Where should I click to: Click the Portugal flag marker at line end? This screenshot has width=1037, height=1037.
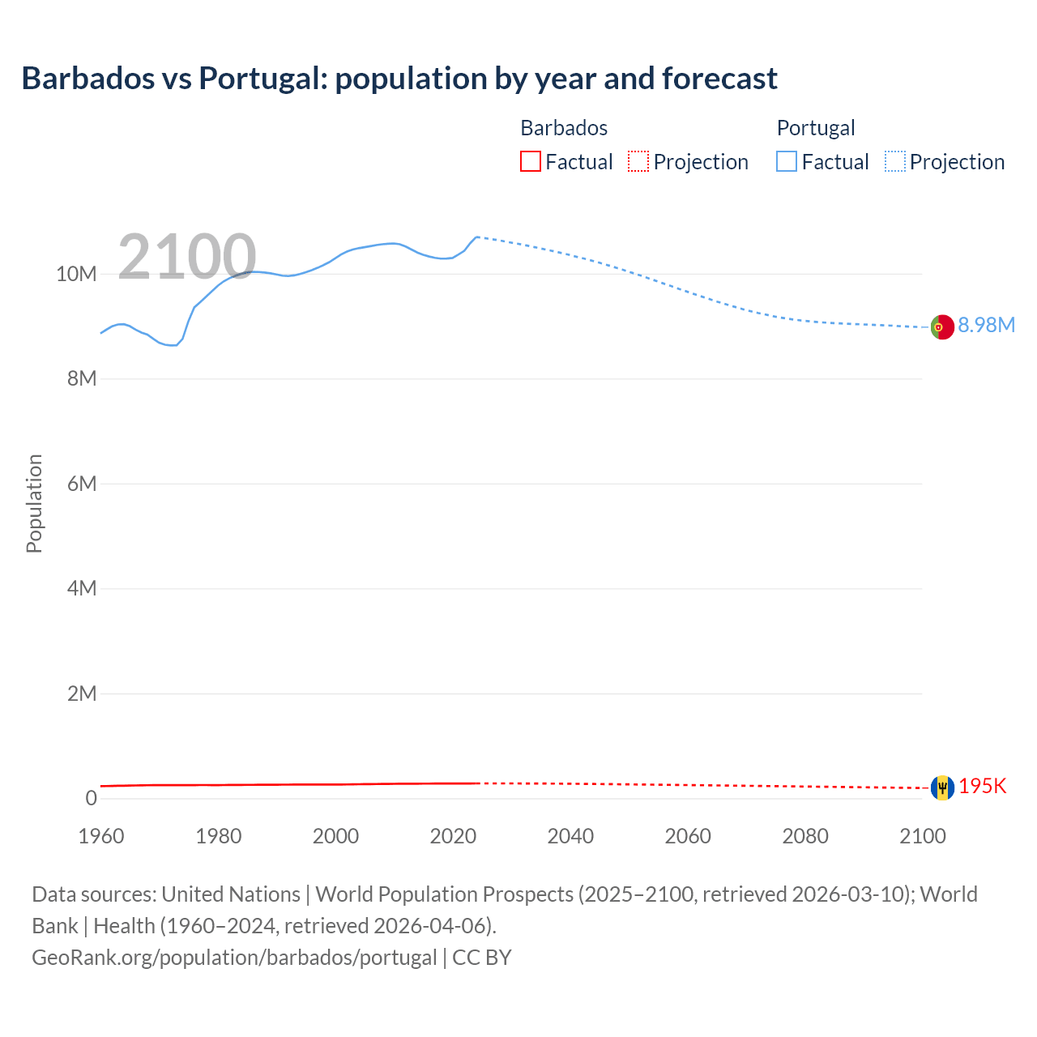tap(941, 327)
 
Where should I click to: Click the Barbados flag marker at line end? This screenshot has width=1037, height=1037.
tap(942, 787)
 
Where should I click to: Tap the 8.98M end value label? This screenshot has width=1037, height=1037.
tap(986, 325)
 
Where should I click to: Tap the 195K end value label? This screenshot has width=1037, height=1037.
tap(983, 787)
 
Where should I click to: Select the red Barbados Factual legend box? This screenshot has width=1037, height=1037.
tap(530, 161)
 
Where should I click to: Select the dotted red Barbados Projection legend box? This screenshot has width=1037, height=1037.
tap(638, 161)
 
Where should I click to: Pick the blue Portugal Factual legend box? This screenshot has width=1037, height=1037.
tap(787, 161)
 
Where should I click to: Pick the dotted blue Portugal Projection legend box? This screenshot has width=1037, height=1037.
tap(895, 161)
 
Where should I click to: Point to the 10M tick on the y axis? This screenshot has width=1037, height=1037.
tap(76, 274)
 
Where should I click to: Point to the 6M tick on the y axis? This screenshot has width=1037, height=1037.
tap(82, 484)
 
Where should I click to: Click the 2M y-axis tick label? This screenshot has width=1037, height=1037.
tap(82, 693)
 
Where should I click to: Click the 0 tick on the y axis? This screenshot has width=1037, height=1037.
tap(91, 798)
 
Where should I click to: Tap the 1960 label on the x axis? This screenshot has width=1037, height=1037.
tap(101, 836)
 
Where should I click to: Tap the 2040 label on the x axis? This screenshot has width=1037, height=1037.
tap(570, 836)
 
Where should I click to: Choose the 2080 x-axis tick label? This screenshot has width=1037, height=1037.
tap(805, 836)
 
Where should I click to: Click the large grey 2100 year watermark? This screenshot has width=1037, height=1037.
tap(187, 257)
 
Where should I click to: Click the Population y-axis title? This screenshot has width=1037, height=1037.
tap(34, 503)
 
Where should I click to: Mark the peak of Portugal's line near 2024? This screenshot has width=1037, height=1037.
tap(477, 237)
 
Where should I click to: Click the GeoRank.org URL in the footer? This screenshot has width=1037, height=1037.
tap(234, 958)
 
